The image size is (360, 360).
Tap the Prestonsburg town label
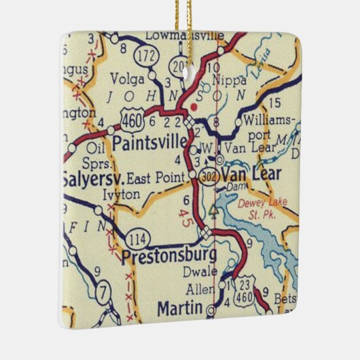coord(170,256)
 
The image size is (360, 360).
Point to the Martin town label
coord(179,308)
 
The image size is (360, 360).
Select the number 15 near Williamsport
coord(274,103)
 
